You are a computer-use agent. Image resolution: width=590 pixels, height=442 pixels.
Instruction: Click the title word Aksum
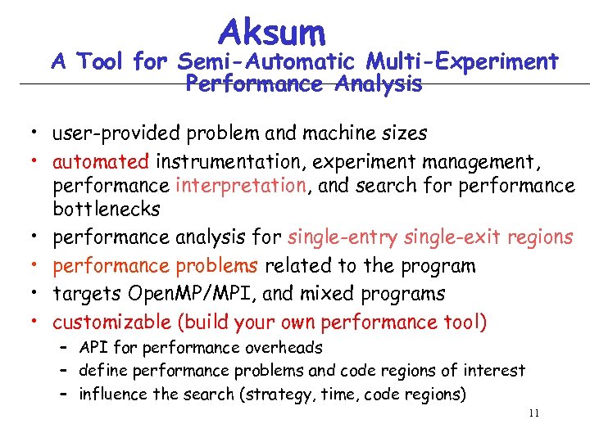tap(272, 32)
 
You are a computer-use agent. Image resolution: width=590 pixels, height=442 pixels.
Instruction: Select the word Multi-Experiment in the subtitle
tap(462, 61)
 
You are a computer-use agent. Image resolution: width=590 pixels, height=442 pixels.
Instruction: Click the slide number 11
tap(533, 413)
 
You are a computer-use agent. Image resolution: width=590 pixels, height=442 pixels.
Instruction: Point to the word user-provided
tap(108, 133)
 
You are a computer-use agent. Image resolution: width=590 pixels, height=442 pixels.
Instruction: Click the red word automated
tap(101, 161)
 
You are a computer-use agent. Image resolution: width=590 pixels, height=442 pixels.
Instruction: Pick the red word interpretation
tap(252, 186)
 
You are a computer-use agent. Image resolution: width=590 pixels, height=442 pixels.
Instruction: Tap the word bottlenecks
tap(107, 210)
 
